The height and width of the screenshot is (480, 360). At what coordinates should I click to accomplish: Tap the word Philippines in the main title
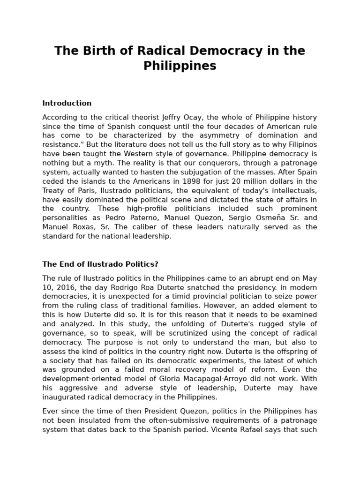tap(180, 66)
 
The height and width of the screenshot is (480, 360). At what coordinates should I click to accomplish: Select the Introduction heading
tap(67, 103)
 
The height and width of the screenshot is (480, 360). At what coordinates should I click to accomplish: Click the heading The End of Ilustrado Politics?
tap(100, 264)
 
